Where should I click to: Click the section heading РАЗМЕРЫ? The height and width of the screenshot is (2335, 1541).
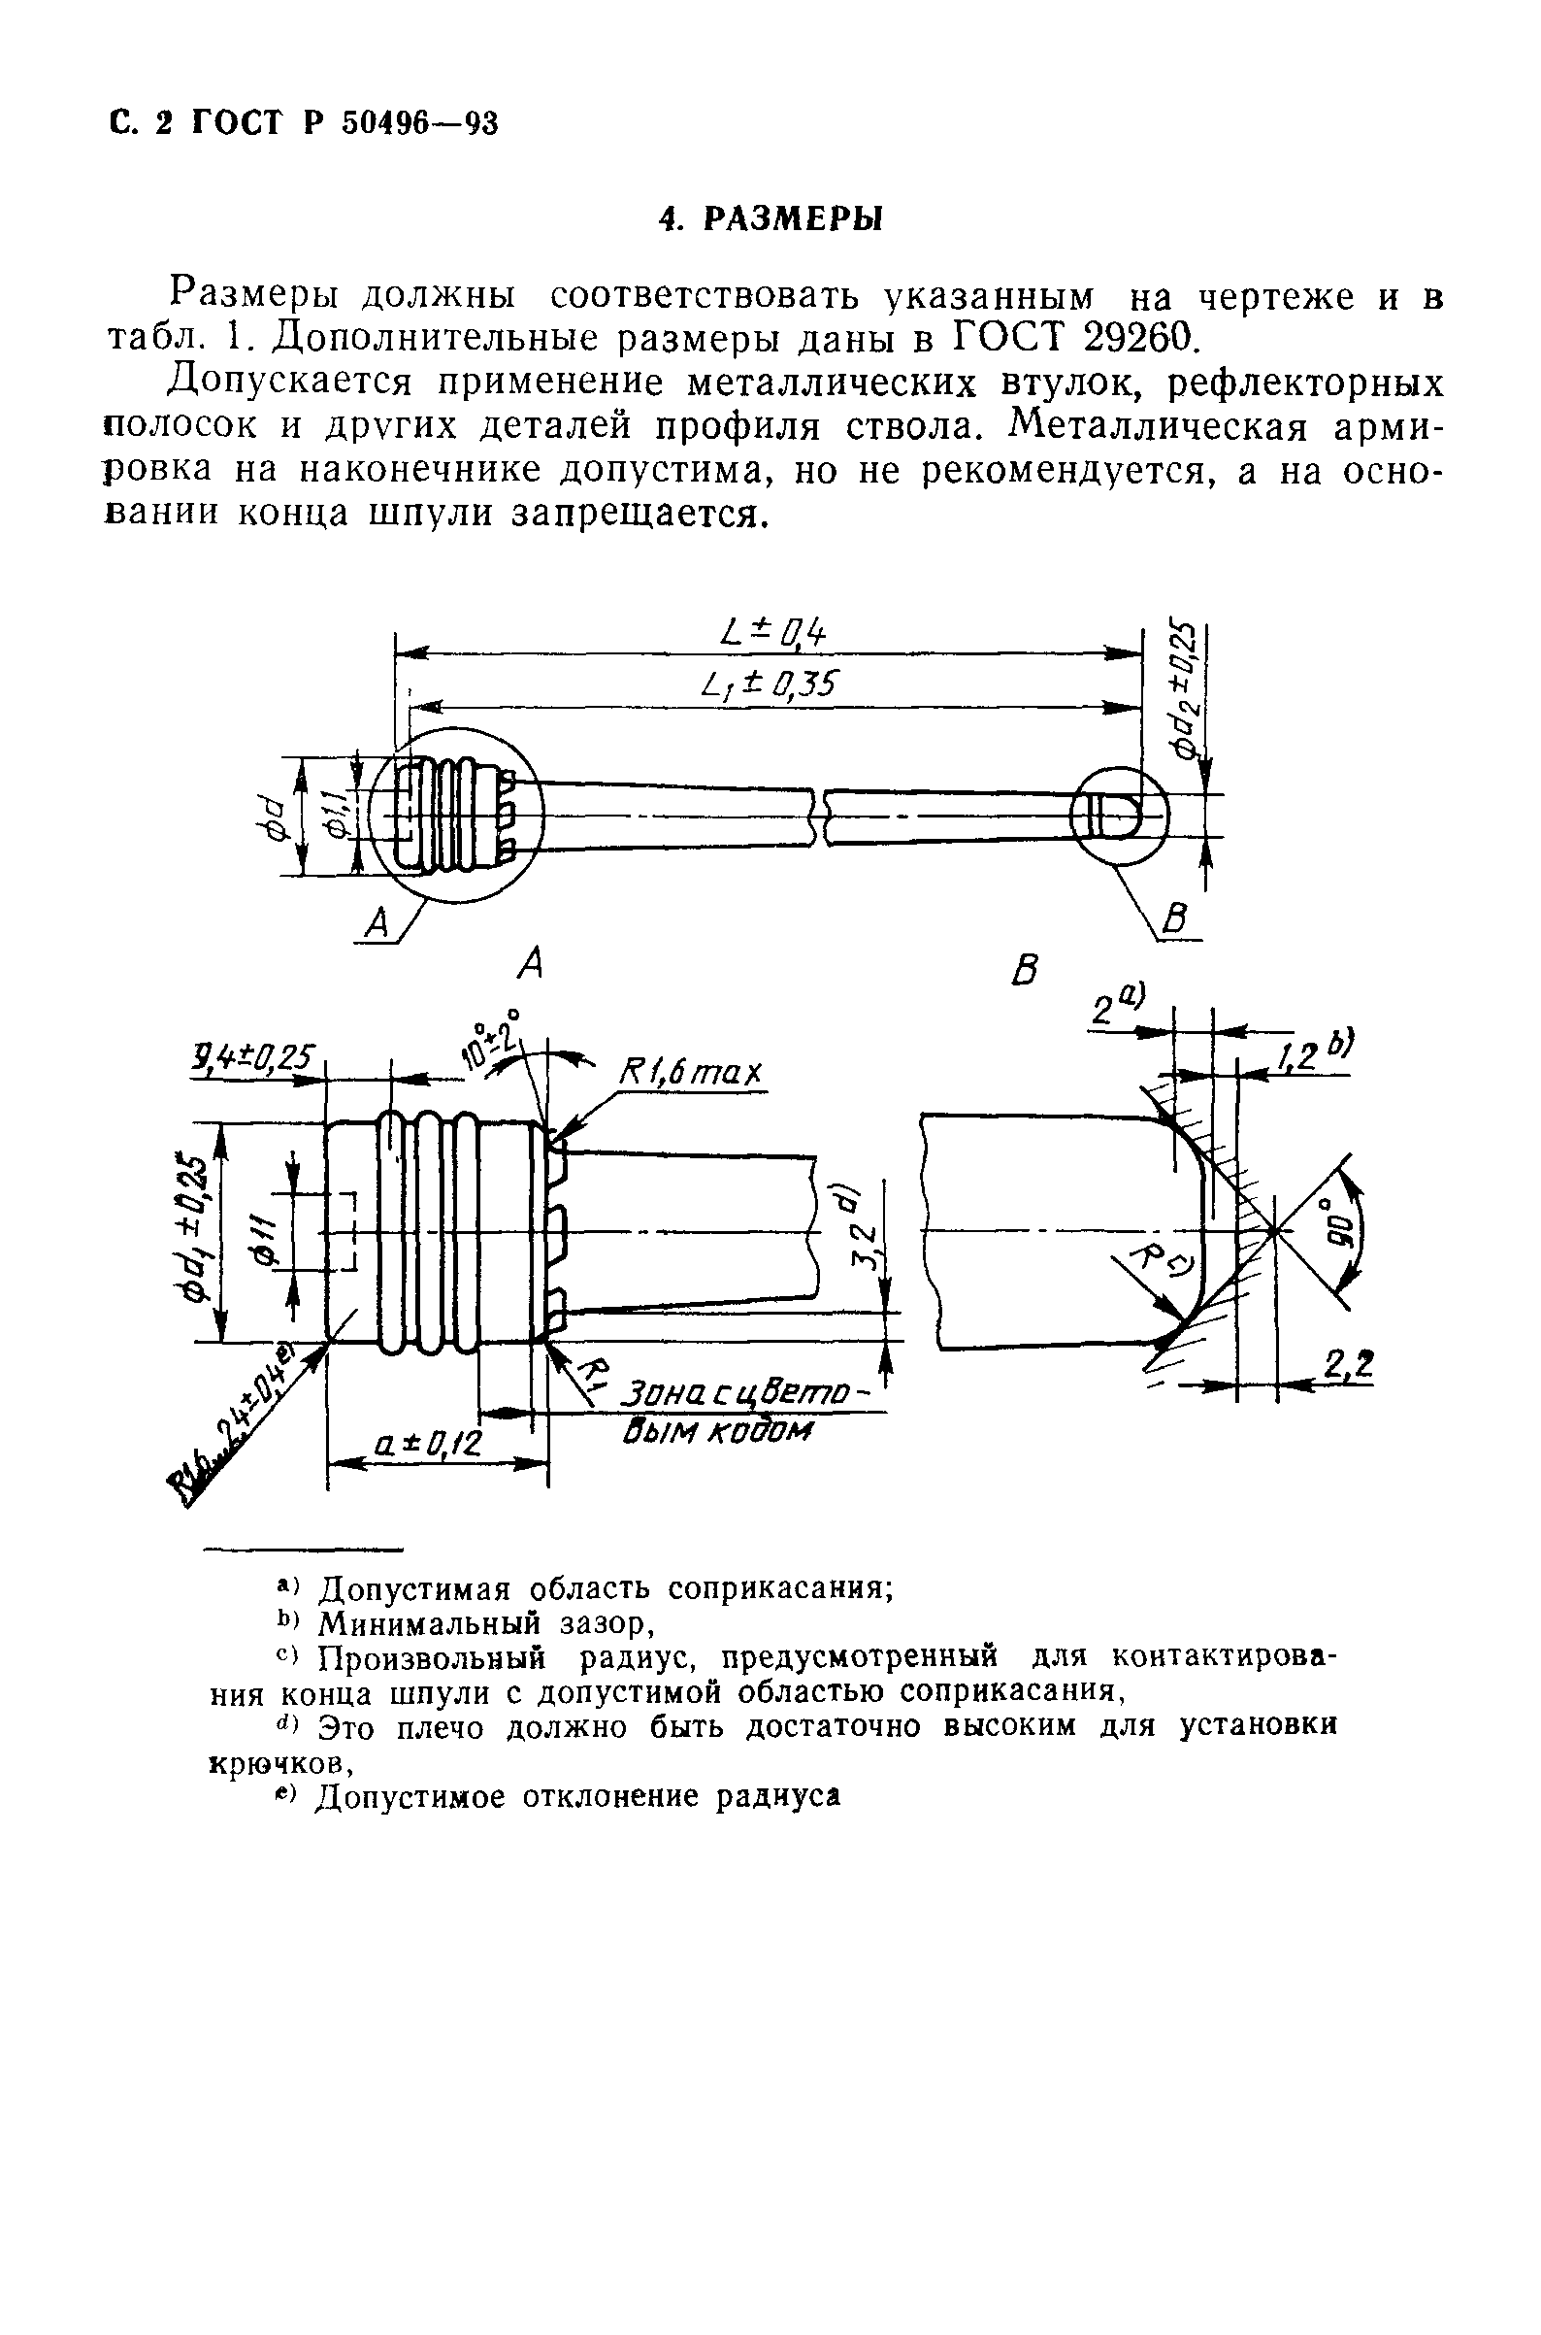click(x=795, y=218)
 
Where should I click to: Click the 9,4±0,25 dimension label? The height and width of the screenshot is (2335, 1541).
click(x=250, y=1058)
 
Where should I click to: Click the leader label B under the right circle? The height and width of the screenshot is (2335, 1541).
click(x=1175, y=921)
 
